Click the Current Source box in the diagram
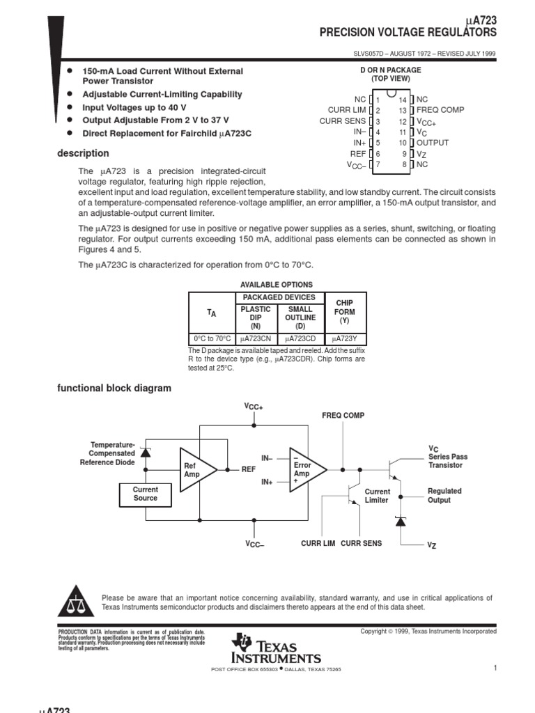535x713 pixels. coord(146,494)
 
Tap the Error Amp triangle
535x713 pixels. coord(305,469)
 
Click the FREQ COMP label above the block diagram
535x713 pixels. coord(343,416)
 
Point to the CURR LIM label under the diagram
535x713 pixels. coord(318,543)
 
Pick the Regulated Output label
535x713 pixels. coord(444,495)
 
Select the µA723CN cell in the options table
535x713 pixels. coord(256,338)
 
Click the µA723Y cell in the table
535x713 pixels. coord(345,338)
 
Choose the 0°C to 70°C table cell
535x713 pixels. coord(212,338)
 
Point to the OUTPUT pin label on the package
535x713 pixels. coord(433,143)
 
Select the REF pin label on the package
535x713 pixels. coord(357,154)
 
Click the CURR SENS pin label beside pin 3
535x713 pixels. coord(342,121)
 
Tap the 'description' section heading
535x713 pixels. coord(83,153)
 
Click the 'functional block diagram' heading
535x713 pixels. coord(114,388)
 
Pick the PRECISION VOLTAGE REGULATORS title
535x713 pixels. coord(408,33)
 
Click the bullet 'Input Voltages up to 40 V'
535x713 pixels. coord(134,107)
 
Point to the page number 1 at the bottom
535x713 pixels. coord(495,668)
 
